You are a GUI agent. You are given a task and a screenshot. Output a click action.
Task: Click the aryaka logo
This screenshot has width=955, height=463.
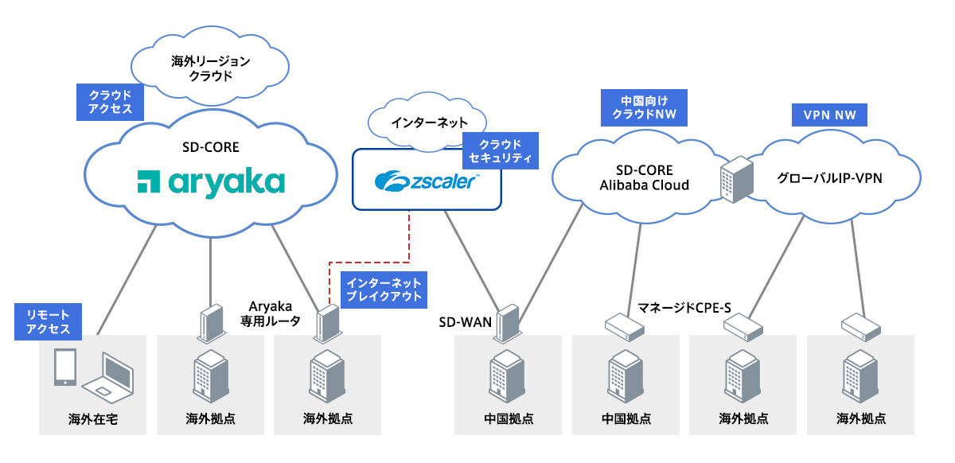click(211, 181)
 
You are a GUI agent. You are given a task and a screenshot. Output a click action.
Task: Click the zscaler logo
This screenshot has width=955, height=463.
click(427, 181)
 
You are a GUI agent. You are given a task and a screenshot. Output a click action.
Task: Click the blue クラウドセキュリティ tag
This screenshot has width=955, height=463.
click(501, 150)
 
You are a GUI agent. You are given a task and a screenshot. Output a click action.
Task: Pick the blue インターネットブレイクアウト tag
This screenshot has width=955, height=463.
click(384, 290)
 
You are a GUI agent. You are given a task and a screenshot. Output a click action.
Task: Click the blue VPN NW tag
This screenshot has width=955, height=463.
click(829, 115)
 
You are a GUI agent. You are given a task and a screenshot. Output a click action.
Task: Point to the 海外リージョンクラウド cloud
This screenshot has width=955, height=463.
click(211, 69)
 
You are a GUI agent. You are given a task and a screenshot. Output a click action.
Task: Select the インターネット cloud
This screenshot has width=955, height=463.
click(415, 124)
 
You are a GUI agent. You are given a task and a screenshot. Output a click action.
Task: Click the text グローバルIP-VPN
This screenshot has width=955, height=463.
click(829, 178)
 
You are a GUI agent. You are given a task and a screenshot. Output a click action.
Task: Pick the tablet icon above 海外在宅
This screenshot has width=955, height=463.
click(64, 367)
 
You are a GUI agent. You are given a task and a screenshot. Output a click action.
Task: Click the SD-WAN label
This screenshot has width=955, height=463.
click(466, 322)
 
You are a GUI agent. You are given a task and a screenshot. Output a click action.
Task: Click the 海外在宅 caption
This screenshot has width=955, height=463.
click(93, 418)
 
